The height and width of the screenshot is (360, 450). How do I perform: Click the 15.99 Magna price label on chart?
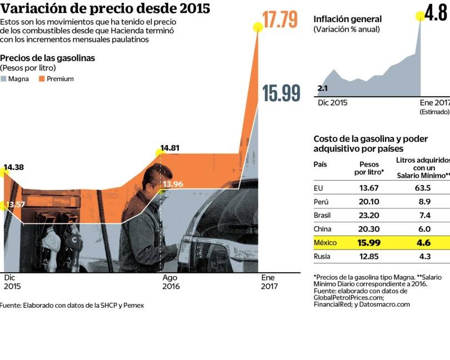pos(281,93)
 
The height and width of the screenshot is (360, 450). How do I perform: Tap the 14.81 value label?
pos(171,148)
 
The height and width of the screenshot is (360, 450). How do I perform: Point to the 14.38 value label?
pos(14,167)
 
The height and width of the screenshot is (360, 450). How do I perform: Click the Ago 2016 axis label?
pos(170,282)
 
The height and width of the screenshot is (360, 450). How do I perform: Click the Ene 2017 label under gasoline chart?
pos(269,282)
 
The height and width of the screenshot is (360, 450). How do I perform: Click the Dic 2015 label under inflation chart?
pos(332,103)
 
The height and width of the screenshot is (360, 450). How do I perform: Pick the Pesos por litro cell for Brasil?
pos(369,214)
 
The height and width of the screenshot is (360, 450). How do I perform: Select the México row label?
pos(326,243)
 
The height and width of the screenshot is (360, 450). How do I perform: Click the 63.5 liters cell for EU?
pos(423,188)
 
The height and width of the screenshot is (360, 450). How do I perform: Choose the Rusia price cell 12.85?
pos(369,257)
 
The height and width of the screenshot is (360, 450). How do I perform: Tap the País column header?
pos(321,164)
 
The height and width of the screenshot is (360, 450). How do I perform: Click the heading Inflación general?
pos(347,19)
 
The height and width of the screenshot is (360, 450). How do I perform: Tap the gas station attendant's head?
pos(157,177)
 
